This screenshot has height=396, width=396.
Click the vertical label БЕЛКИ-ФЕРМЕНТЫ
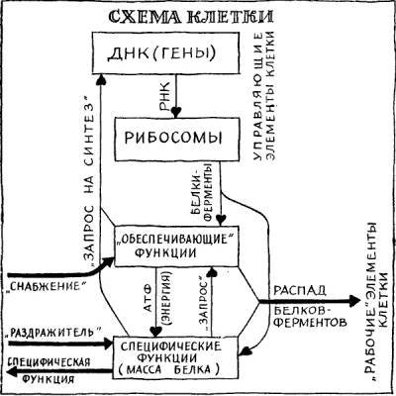tap(206, 194)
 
